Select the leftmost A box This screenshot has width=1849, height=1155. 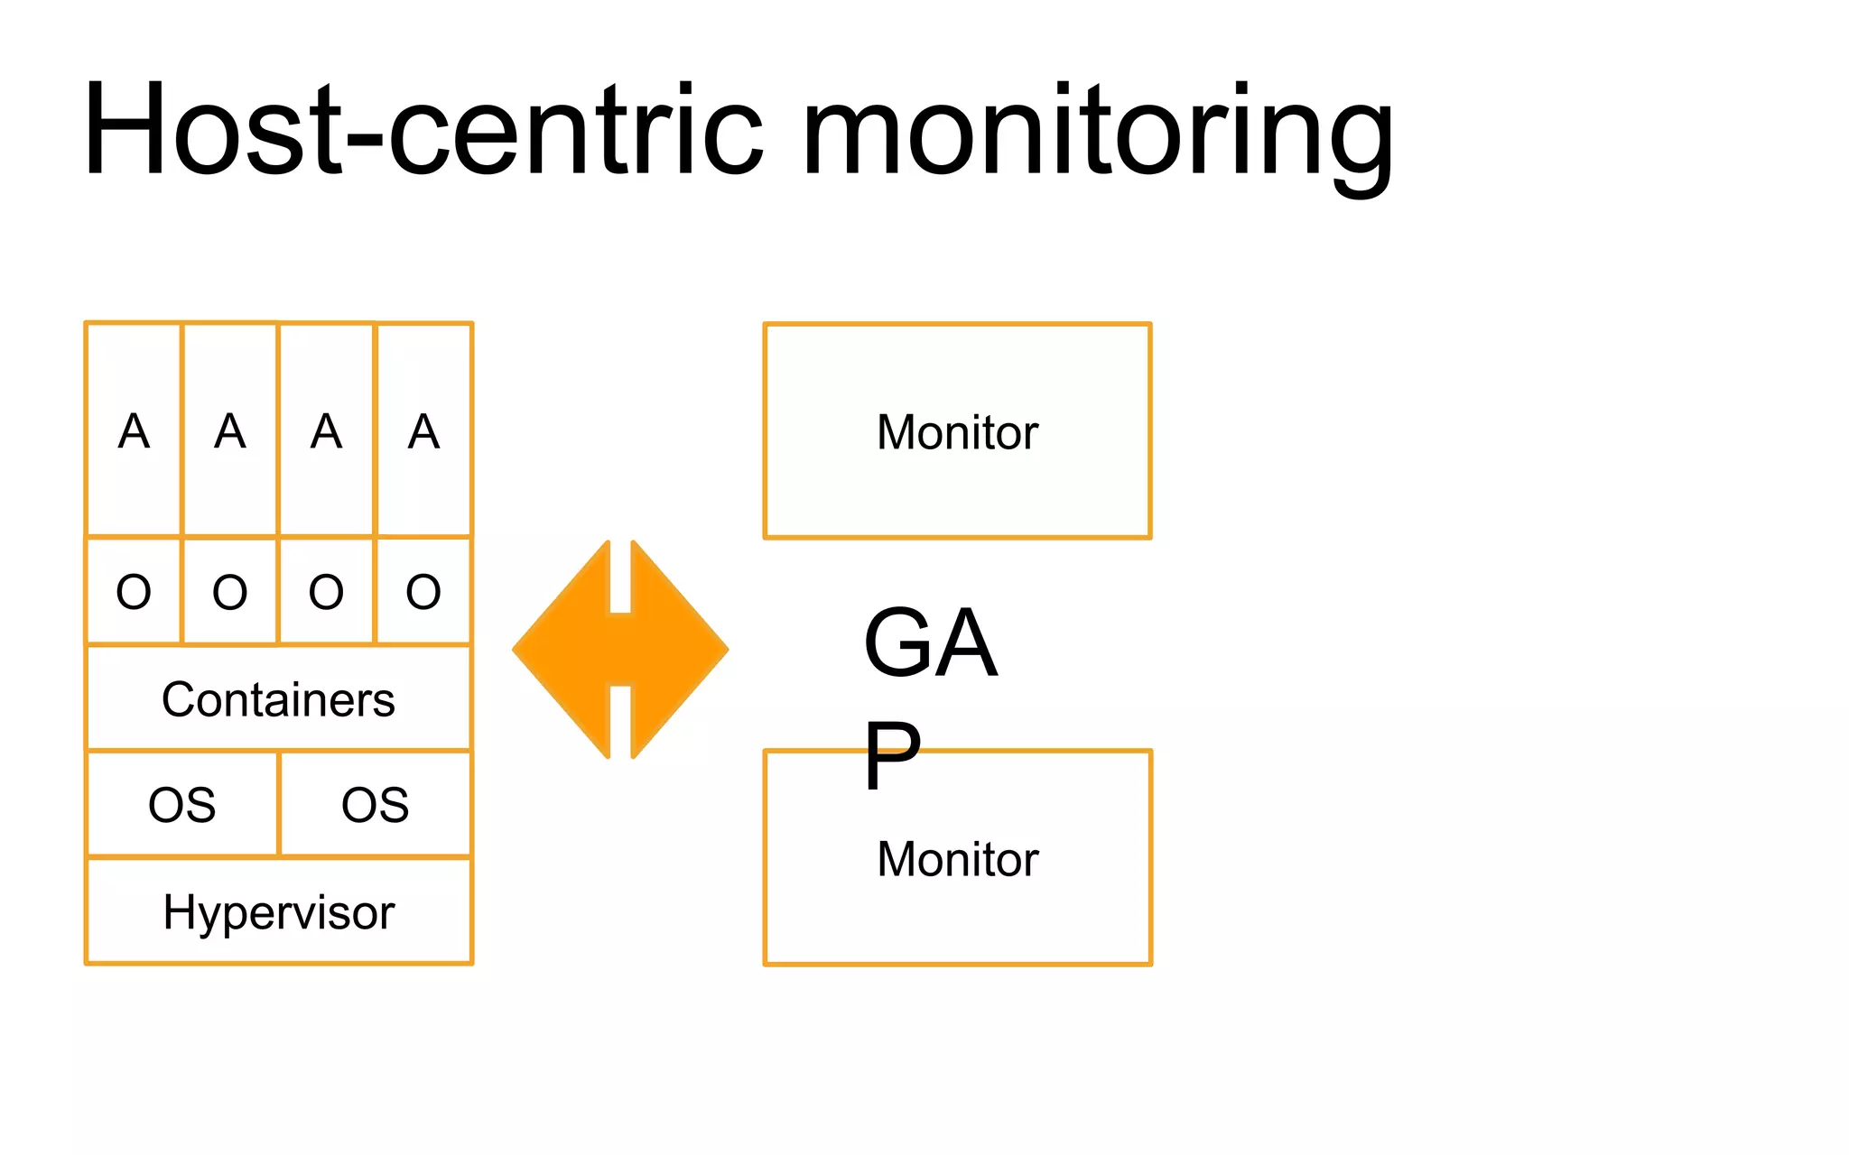click(134, 430)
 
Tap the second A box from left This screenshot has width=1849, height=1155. click(229, 430)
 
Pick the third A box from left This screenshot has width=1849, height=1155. click(326, 430)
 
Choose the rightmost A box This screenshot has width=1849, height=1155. click(423, 430)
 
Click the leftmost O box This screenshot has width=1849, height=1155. click(134, 592)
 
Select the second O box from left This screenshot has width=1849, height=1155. click(229, 592)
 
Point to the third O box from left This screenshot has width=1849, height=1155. click(326, 592)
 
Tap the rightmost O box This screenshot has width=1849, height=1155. click(423, 592)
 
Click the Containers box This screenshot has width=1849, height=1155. click(278, 699)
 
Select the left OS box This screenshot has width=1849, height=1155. click(182, 804)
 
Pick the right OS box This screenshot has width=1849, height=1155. click(376, 804)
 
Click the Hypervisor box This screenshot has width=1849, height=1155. click(278, 912)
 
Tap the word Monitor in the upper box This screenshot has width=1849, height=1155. click(957, 432)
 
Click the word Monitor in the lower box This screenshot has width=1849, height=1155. click(957, 859)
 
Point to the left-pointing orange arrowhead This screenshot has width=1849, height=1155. click(564, 650)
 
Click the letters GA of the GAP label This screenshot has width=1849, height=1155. click(930, 642)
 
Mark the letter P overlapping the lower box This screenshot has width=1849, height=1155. click(892, 756)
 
